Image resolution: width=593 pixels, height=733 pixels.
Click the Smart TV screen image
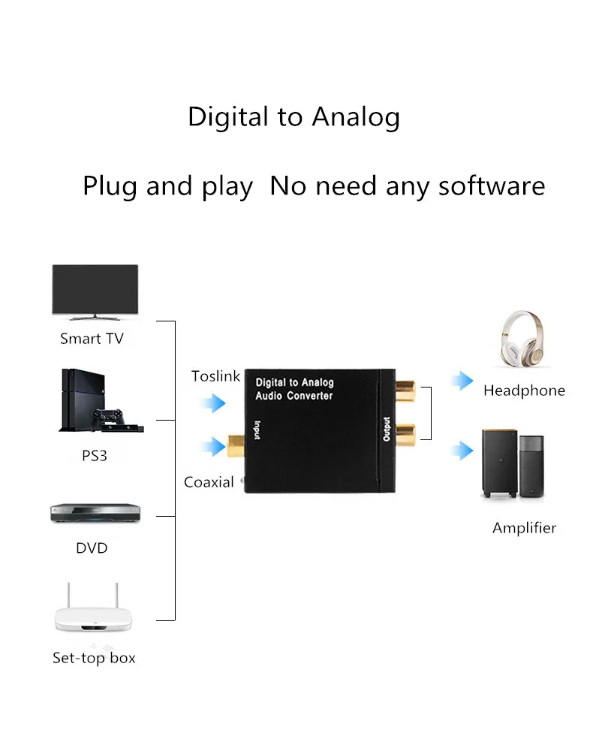coord(95,289)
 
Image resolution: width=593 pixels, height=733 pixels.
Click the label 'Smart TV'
coord(92,339)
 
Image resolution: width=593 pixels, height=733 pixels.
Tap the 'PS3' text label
coord(95,455)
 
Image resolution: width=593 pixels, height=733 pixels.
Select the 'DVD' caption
coord(92,548)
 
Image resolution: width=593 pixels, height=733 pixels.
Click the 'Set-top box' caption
coord(94,658)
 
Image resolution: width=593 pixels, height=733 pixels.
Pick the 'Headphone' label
coord(524,391)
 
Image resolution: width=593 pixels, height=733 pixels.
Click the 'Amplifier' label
coord(524,528)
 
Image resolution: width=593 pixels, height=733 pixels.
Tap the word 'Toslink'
coord(215,376)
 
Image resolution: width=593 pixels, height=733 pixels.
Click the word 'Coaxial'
coord(209,482)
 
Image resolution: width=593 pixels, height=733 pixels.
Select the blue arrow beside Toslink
coord(213,404)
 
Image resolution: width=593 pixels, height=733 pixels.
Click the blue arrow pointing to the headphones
coord(462,381)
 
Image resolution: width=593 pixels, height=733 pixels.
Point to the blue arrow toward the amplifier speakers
coord(462,451)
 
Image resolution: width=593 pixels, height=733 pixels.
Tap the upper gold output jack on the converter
coord(405,391)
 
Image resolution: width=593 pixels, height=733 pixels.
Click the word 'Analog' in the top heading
coord(356,117)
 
